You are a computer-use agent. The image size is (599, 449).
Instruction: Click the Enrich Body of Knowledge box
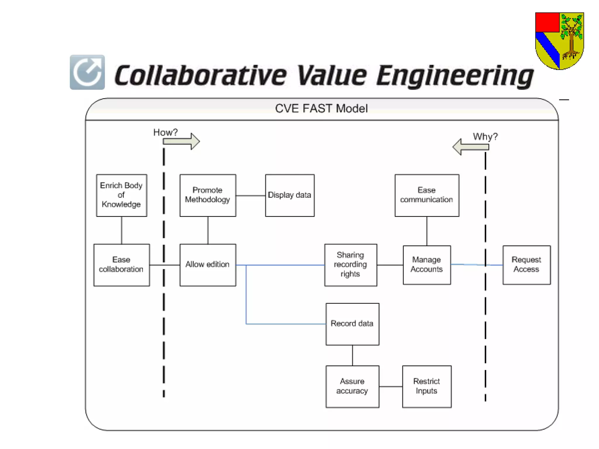pyautogui.click(x=121, y=195)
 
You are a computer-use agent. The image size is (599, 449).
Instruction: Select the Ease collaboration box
pyautogui.click(x=121, y=265)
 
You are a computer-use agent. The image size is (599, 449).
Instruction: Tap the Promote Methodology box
pyautogui.click(x=208, y=195)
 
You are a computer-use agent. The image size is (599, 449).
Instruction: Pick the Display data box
pyautogui.click(x=290, y=195)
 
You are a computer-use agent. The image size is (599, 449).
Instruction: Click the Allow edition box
pyautogui.click(x=208, y=265)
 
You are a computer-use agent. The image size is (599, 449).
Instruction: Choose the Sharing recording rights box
pyautogui.click(x=350, y=265)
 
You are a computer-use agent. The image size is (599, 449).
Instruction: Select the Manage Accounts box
pyautogui.click(x=426, y=265)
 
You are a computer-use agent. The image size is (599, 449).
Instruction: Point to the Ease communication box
pyautogui.click(x=426, y=195)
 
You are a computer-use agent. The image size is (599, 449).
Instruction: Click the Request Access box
pyautogui.click(x=526, y=265)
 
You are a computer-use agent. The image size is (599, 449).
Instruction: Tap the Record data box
pyautogui.click(x=352, y=324)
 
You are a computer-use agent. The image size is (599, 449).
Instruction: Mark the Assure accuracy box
pyautogui.click(x=352, y=386)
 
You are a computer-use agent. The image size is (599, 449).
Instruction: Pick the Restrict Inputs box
pyautogui.click(x=426, y=386)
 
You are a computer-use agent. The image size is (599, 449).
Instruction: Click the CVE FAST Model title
pyautogui.click(x=321, y=109)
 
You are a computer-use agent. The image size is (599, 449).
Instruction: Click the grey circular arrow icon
pyautogui.click(x=87, y=72)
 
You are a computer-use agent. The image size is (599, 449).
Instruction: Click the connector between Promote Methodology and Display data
pyautogui.click(x=250, y=196)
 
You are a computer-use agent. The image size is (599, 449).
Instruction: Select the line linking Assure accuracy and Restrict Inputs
pyautogui.click(x=390, y=386)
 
